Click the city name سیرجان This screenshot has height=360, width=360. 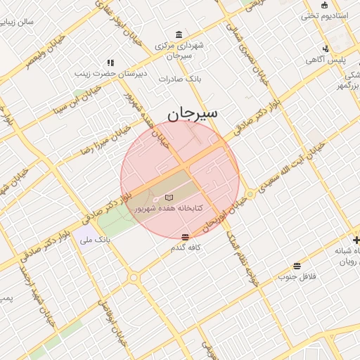point(192,112)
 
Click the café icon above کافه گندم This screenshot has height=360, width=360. point(185,237)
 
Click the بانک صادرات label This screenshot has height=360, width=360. point(180,79)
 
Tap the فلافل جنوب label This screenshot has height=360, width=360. point(296,276)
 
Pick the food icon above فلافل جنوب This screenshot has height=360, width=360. point(297,266)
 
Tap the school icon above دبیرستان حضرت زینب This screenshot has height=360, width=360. point(110,63)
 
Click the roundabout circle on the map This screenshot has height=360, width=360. point(134,278)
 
